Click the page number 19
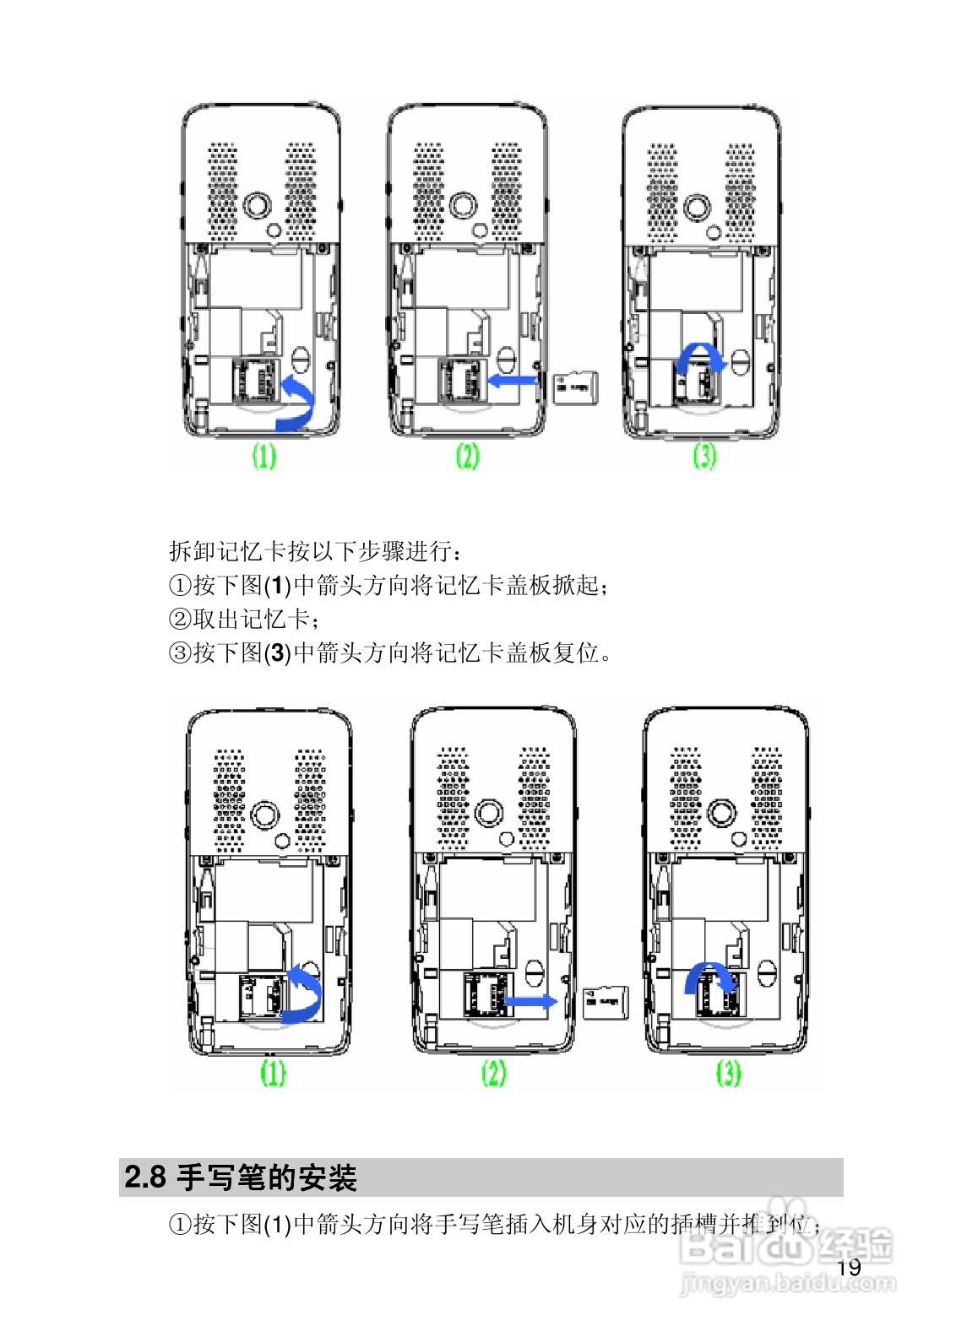(x=849, y=1267)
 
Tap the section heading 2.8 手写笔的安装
(x=242, y=1177)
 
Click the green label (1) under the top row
(x=264, y=457)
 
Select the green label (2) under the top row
(x=467, y=457)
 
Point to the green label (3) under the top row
(x=704, y=457)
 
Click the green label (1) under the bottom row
(x=272, y=1073)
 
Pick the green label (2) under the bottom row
(x=494, y=1073)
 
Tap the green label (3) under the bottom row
(x=728, y=1073)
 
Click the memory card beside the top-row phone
(x=576, y=387)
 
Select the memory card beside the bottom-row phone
(x=605, y=1002)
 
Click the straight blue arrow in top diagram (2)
(x=513, y=382)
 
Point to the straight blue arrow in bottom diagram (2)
(x=530, y=1002)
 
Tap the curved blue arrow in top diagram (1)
(x=297, y=403)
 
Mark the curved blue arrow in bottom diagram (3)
(x=708, y=979)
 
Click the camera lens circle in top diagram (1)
(x=257, y=205)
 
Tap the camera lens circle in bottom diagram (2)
(x=489, y=813)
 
